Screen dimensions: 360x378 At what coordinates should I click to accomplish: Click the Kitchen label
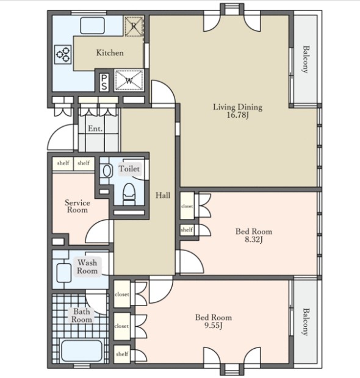coord(110,53)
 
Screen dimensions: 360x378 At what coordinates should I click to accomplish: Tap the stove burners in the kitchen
coord(63,54)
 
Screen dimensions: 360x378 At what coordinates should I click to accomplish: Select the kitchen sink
coord(92,26)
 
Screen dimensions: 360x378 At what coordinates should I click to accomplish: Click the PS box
coord(104,82)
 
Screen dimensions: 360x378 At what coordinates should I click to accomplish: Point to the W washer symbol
coord(129,80)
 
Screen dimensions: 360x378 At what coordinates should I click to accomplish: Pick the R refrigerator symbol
coord(134,26)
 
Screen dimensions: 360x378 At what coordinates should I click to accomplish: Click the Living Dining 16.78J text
coord(238,110)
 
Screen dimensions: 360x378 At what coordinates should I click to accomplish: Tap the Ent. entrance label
coord(95,129)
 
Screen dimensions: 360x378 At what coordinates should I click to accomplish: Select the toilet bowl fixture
coord(129,194)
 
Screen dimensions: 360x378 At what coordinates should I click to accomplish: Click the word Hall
coord(163,195)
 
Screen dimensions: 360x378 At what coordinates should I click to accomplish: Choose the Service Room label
coord(77,206)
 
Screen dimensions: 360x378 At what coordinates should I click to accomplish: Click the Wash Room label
coord(87,266)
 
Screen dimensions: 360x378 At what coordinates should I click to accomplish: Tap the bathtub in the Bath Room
coord(82,351)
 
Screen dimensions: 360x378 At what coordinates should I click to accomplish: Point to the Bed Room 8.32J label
coord(254,235)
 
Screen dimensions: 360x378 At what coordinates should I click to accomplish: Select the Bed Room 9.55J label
coord(214,321)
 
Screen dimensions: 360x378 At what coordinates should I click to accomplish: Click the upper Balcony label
coord(306,59)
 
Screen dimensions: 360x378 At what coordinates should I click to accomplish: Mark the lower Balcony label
coord(306,321)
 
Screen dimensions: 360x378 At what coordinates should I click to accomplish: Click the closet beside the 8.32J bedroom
coord(187,205)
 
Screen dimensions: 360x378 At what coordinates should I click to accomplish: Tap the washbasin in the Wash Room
coord(64,273)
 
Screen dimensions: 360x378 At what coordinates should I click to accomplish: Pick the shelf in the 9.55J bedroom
coord(122,354)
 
